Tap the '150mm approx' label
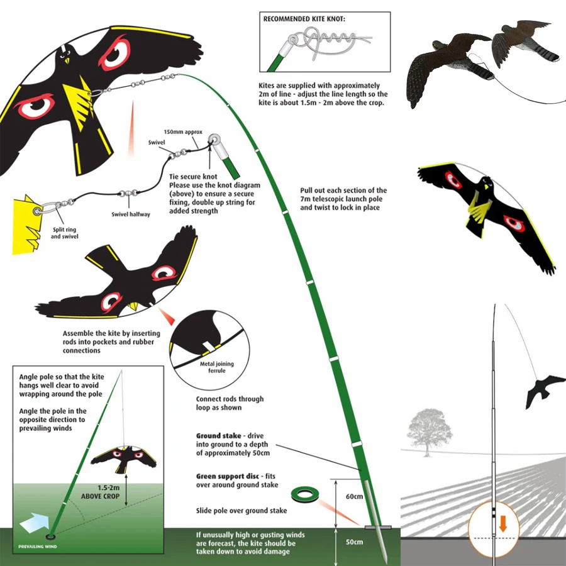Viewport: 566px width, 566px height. (180, 132)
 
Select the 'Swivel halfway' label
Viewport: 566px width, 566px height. (131, 215)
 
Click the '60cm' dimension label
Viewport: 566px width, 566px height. (355, 497)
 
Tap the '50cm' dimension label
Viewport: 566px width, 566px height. (355, 541)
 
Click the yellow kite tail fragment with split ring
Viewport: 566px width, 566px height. (28, 221)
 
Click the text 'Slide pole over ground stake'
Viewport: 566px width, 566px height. (242, 511)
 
